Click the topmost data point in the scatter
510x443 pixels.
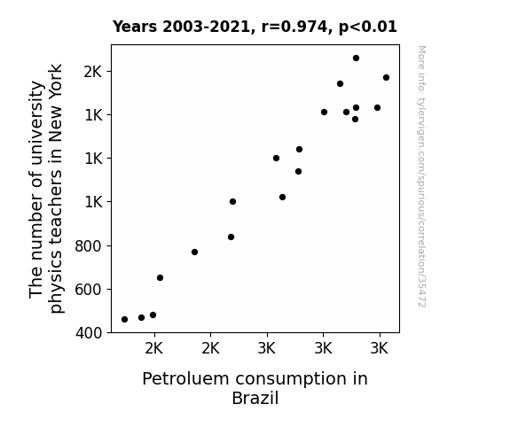pyautogui.click(x=357, y=58)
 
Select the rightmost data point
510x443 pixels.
pyautogui.click(x=387, y=78)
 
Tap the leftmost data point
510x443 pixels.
pyautogui.click(x=124, y=320)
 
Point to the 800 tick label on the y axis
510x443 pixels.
pyautogui.click(x=89, y=246)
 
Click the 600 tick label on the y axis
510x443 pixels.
pyautogui.click(x=89, y=289)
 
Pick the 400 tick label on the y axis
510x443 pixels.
pyautogui.click(x=89, y=333)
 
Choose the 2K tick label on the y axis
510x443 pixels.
pyautogui.click(x=93, y=72)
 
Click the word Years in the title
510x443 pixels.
pyautogui.click(x=135, y=27)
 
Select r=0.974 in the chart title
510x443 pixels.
pyautogui.click(x=294, y=27)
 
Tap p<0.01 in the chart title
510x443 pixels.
pyautogui.click(x=368, y=27)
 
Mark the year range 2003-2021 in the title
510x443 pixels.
pyautogui.click(x=206, y=27)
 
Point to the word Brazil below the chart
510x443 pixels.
pyautogui.click(x=255, y=398)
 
